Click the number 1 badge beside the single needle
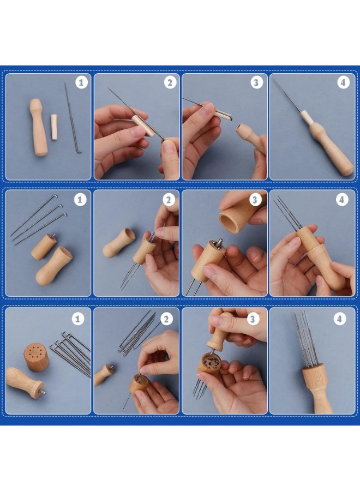pyautogui.click(x=81, y=82)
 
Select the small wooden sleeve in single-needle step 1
pyautogui.click(x=54, y=127)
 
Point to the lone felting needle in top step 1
pyautogui.click(x=72, y=117)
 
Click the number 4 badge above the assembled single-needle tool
pyautogui.click(x=343, y=82)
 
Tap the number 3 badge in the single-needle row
pyautogui.click(x=256, y=82)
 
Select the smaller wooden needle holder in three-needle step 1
pyautogui.click(x=44, y=247)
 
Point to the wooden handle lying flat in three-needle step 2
pyautogui.click(x=119, y=242)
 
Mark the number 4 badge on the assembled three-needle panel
pyautogui.click(x=342, y=199)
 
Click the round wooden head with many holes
pyautogui.click(x=37, y=357)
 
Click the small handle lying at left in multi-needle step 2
pyautogui.click(x=104, y=375)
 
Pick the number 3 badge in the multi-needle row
pyautogui.click(x=253, y=319)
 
